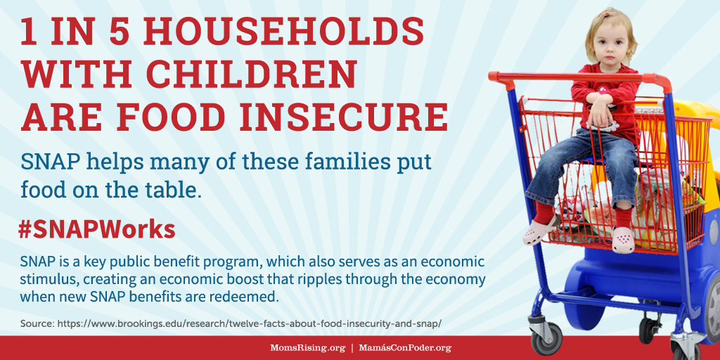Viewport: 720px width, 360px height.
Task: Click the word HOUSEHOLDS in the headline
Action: [284, 33]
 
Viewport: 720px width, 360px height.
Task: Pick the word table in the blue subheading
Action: [176, 190]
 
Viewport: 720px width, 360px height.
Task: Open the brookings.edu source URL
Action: [249, 323]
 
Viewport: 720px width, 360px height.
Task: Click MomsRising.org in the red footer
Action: [308, 347]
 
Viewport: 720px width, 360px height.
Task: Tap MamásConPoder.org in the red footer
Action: [405, 347]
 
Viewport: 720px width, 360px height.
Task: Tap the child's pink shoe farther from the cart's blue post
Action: [623, 240]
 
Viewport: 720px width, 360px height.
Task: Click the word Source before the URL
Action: [37, 323]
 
